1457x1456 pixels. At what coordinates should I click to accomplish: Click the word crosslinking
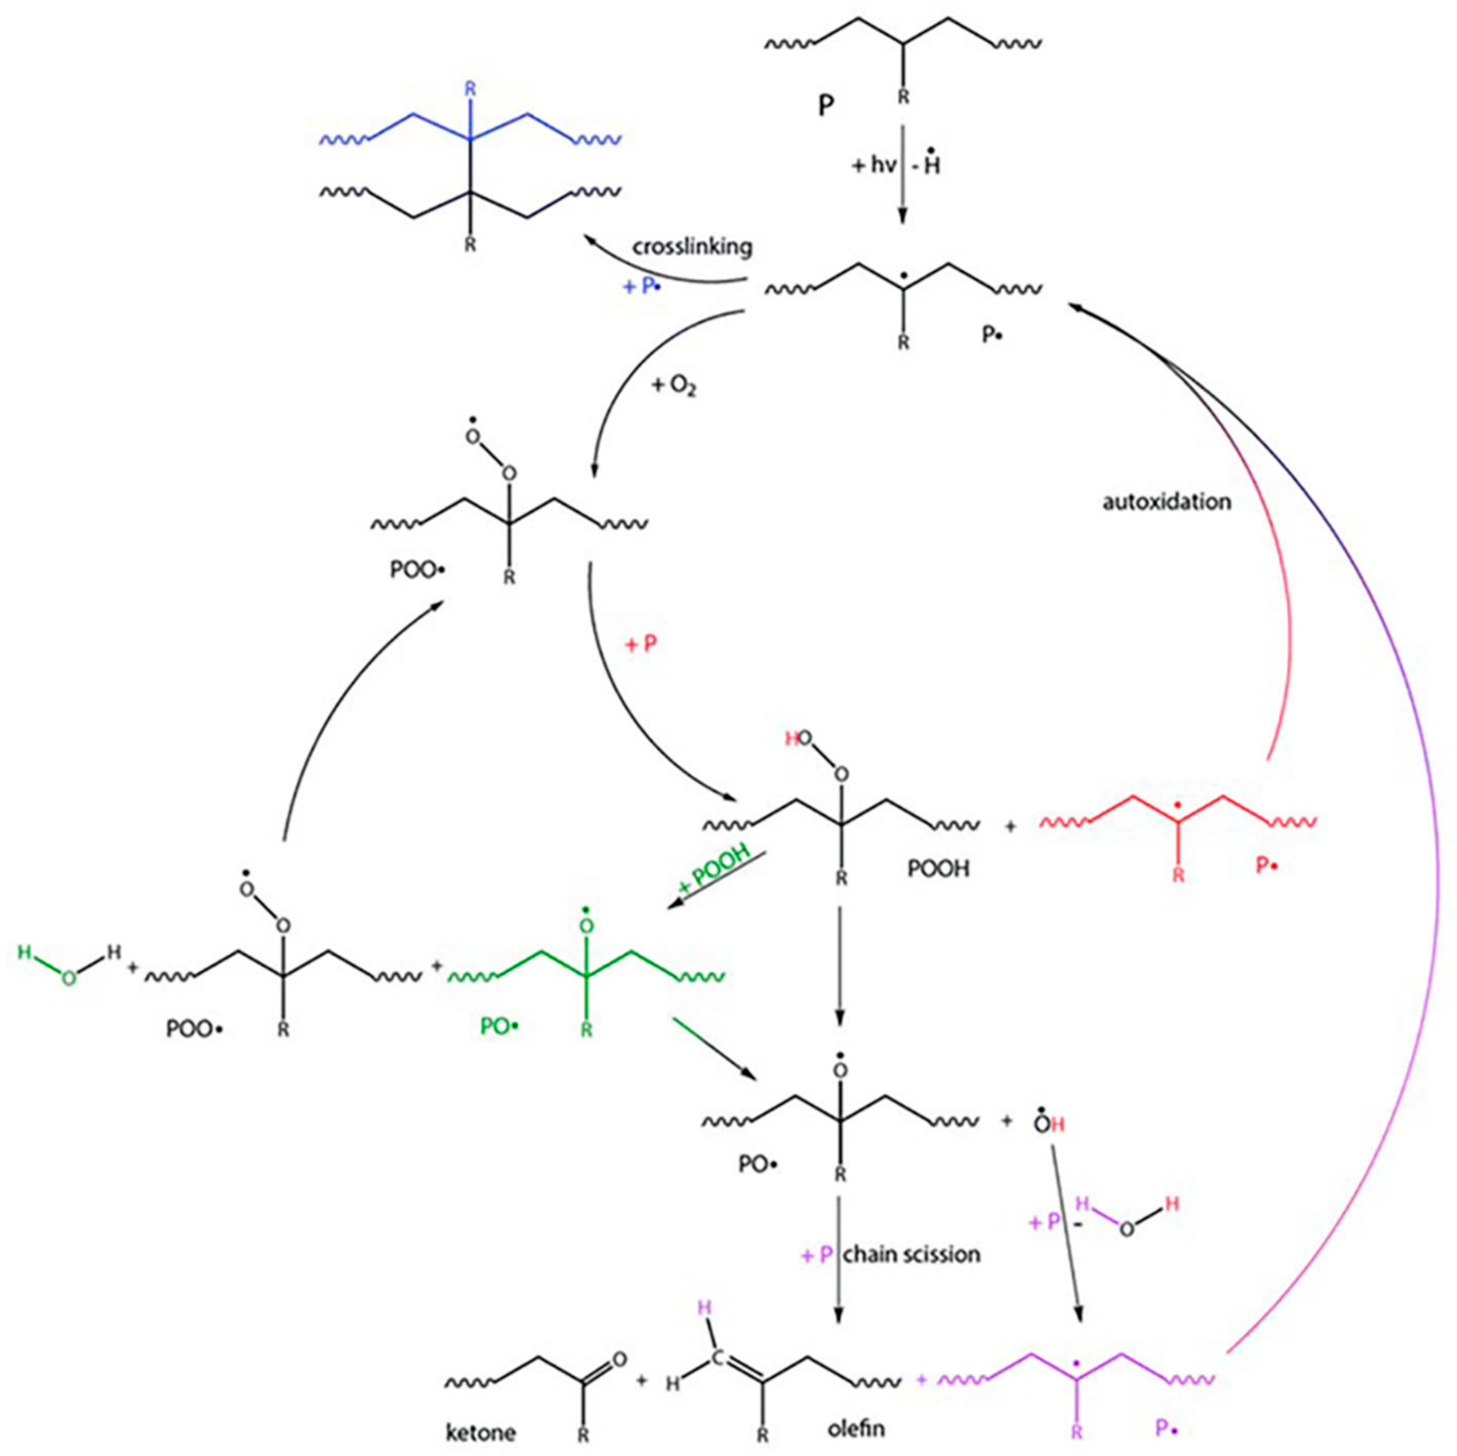click(x=692, y=247)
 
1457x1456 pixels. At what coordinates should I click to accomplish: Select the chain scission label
click(x=912, y=1255)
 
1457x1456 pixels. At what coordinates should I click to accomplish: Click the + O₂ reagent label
click(x=673, y=387)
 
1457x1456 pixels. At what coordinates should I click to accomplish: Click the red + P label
click(x=641, y=644)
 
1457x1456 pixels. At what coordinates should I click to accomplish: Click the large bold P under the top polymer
click(x=827, y=106)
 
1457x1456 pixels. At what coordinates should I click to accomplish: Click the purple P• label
click(x=1167, y=1427)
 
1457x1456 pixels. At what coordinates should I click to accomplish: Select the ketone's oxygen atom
click(x=619, y=1359)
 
